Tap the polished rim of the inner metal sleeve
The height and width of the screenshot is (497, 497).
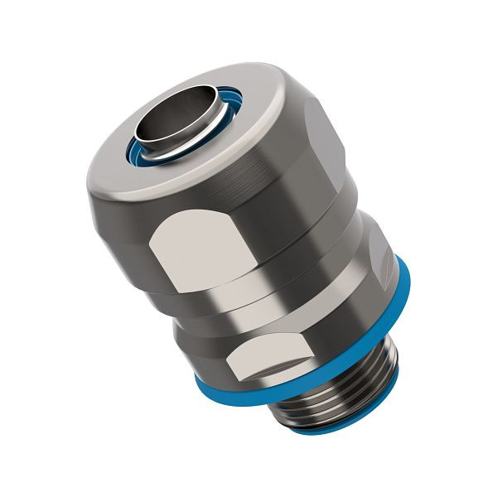pyautogui.click(x=150, y=150)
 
